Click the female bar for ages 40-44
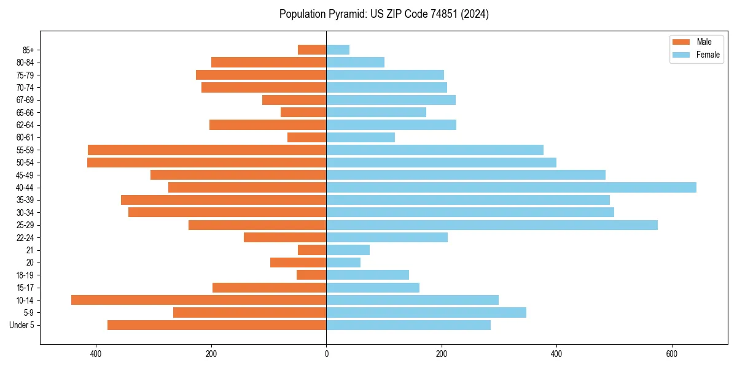pos(511,188)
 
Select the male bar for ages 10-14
pos(198,300)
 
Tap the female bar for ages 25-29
pos(491,225)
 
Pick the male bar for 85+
pos(312,50)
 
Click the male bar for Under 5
pos(217,325)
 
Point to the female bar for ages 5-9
pos(426,313)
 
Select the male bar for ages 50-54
pos(206,163)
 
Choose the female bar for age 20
pos(343,263)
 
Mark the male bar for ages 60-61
pos(306,137)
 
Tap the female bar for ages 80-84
pos(355,63)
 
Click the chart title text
pos(384,14)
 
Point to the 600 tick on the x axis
pos(671,354)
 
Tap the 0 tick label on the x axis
pos(326,354)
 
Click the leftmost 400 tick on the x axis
pos(96,354)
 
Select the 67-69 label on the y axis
pos(25,100)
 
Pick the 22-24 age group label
pos(25,238)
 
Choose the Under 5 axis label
pos(22,325)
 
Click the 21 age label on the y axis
pos(30,250)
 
